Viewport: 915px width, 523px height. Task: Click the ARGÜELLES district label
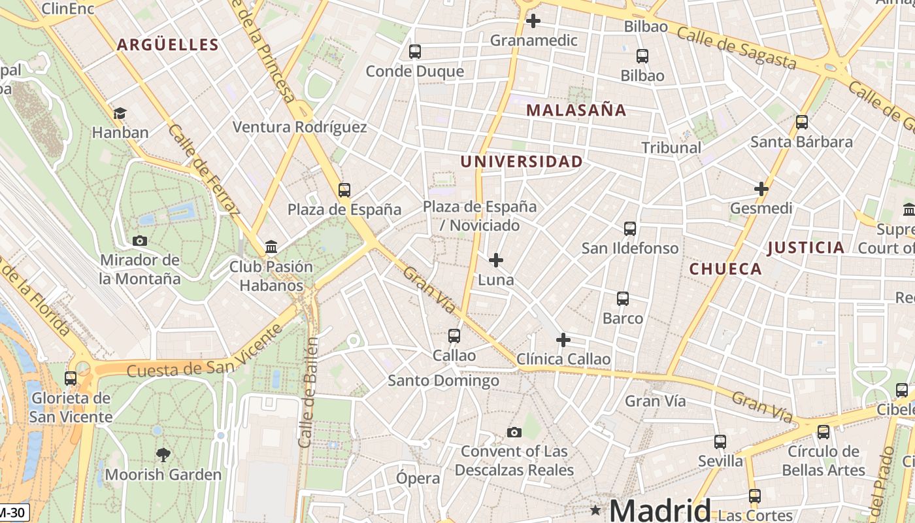167,44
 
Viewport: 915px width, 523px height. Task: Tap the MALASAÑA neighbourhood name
576,110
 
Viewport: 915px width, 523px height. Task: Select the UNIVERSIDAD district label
521,161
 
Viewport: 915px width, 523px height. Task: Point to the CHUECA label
725,269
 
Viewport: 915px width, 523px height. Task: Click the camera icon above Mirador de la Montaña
139,241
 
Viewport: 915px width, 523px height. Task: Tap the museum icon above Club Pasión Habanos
271,247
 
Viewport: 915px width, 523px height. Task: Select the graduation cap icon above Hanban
120,113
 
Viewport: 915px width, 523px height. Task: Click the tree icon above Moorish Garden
163,454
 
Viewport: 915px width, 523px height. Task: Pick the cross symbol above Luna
496,260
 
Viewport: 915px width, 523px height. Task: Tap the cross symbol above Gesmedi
761,189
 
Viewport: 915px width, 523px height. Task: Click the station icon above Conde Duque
414,52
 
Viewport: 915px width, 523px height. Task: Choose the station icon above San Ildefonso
629,229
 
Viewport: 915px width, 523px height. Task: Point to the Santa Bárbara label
801,142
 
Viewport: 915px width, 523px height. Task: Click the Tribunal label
671,148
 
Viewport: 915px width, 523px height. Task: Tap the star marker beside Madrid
595,509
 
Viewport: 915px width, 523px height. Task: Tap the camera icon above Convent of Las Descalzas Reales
514,432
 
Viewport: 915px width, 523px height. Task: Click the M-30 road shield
14,513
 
